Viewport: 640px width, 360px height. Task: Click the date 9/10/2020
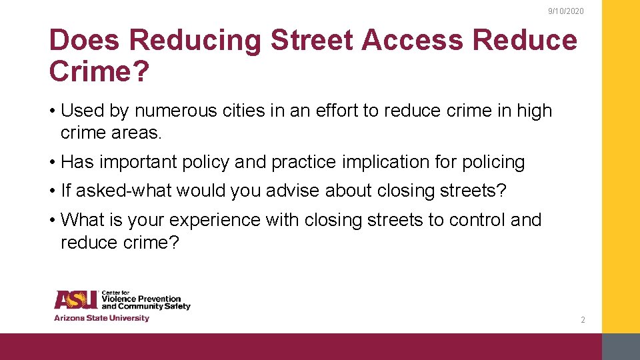(565, 12)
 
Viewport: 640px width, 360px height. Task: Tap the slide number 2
(583, 320)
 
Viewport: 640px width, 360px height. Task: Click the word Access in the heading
(413, 41)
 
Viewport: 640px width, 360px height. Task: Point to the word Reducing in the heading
(196, 41)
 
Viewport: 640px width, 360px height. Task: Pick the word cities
(245, 111)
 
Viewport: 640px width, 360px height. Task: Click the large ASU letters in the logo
(76, 300)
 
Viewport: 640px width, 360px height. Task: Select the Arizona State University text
(101, 318)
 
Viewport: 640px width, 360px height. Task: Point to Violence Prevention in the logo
(141, 299)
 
